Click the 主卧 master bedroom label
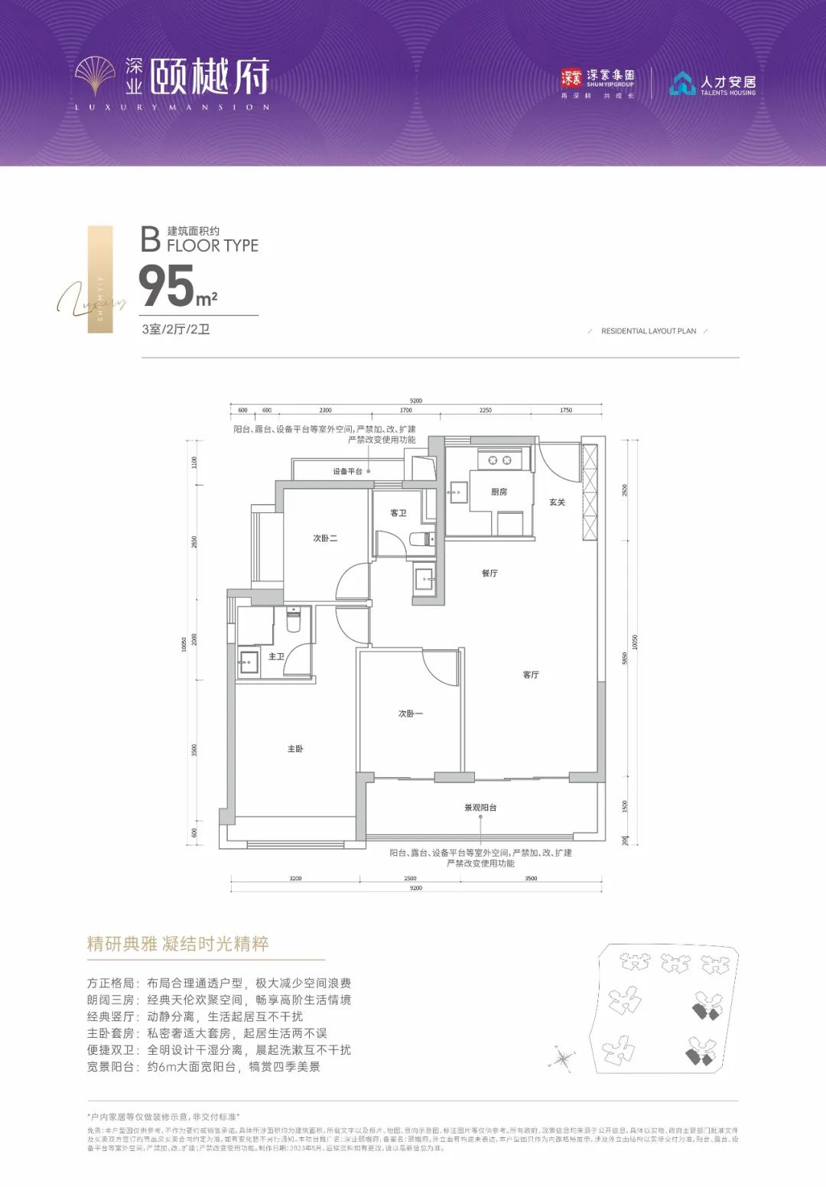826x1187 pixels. coord(295,749)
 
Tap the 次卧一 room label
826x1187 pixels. coord(410,714)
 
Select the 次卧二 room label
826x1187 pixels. coord(325,538)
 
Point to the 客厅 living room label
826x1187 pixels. coord(531,675)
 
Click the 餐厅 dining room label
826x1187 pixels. coord(489,573)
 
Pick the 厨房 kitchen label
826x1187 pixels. coord(499,492)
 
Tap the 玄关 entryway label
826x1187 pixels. coord(557,502)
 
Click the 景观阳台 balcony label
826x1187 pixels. coord(480,808)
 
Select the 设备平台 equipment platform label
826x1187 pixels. coord(347,472)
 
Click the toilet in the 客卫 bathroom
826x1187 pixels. coord(420,539)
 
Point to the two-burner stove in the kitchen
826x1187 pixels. coord(499,460)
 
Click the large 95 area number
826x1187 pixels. coord(167,286)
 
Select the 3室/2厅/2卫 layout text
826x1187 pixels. coord(176,330)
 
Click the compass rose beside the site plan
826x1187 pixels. coord(562,1059)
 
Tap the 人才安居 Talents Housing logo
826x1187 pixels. coord(712,84)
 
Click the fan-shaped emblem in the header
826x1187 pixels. coord(95,76)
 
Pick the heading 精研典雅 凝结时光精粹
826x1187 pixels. coord(178,944)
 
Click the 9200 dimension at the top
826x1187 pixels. coord(415,401)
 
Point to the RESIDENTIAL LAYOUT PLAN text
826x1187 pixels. coord(649,331)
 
